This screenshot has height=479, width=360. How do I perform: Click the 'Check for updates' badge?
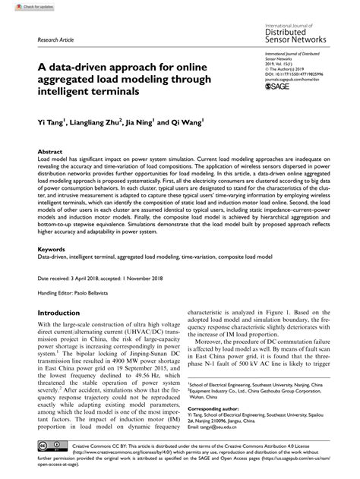point(22,6)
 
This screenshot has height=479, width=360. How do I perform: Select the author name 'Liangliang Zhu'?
point(95,121)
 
